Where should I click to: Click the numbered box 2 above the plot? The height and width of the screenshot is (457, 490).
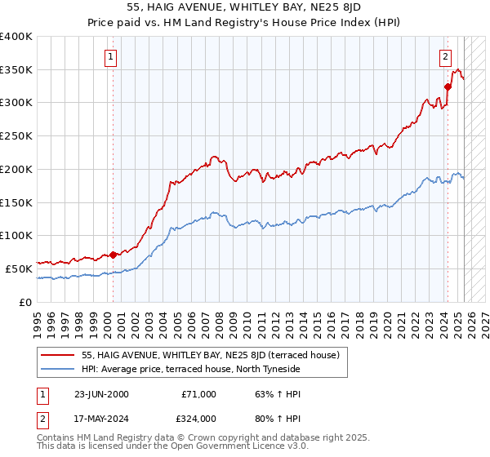[x=445, y=57]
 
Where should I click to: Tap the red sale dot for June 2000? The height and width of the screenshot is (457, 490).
[x=113, y=255]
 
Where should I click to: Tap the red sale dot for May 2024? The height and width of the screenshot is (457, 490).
[x=448, y=87]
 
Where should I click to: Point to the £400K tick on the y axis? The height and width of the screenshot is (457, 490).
[x=16, y=37]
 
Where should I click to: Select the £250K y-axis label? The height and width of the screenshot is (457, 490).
[x=16, y=136]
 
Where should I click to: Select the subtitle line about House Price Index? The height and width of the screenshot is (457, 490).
[x=245, y=22]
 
